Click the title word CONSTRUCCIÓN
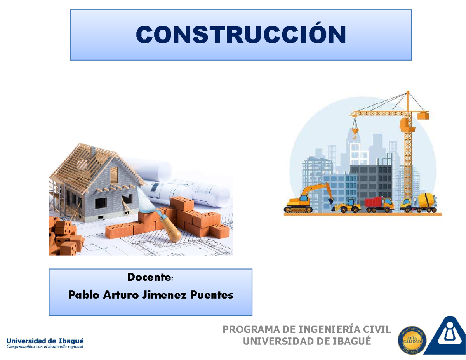click(x=240, y=35)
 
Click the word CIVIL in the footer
click(x=379, y=330)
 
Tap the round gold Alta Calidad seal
click(x=412, y=339)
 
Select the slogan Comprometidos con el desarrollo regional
click(x=45, y=347)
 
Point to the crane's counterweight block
click(x=423, y=115)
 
